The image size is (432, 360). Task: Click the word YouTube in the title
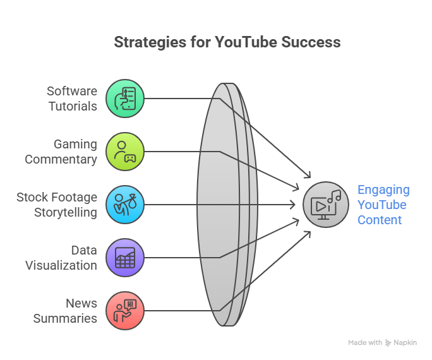point(246,42)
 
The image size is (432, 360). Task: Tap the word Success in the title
point(311,42)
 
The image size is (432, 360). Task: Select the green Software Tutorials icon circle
point(125,99)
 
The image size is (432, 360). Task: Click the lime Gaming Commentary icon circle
point(125,152)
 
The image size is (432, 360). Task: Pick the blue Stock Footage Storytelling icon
point(125,205)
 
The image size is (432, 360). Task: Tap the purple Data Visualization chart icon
point(125,258)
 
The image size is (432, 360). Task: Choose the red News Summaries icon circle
point(125,311)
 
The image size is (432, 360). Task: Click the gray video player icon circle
point(326,205)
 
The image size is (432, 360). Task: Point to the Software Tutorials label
point(72,99)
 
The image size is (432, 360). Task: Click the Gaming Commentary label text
point(61,152)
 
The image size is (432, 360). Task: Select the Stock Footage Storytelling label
point(57,205)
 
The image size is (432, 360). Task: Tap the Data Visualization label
point(61,258)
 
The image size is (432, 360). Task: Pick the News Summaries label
point(65,311)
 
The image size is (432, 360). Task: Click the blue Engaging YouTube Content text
point(383,205)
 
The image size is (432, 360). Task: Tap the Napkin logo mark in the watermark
point(388,343)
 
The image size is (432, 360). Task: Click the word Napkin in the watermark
point(405,343)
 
